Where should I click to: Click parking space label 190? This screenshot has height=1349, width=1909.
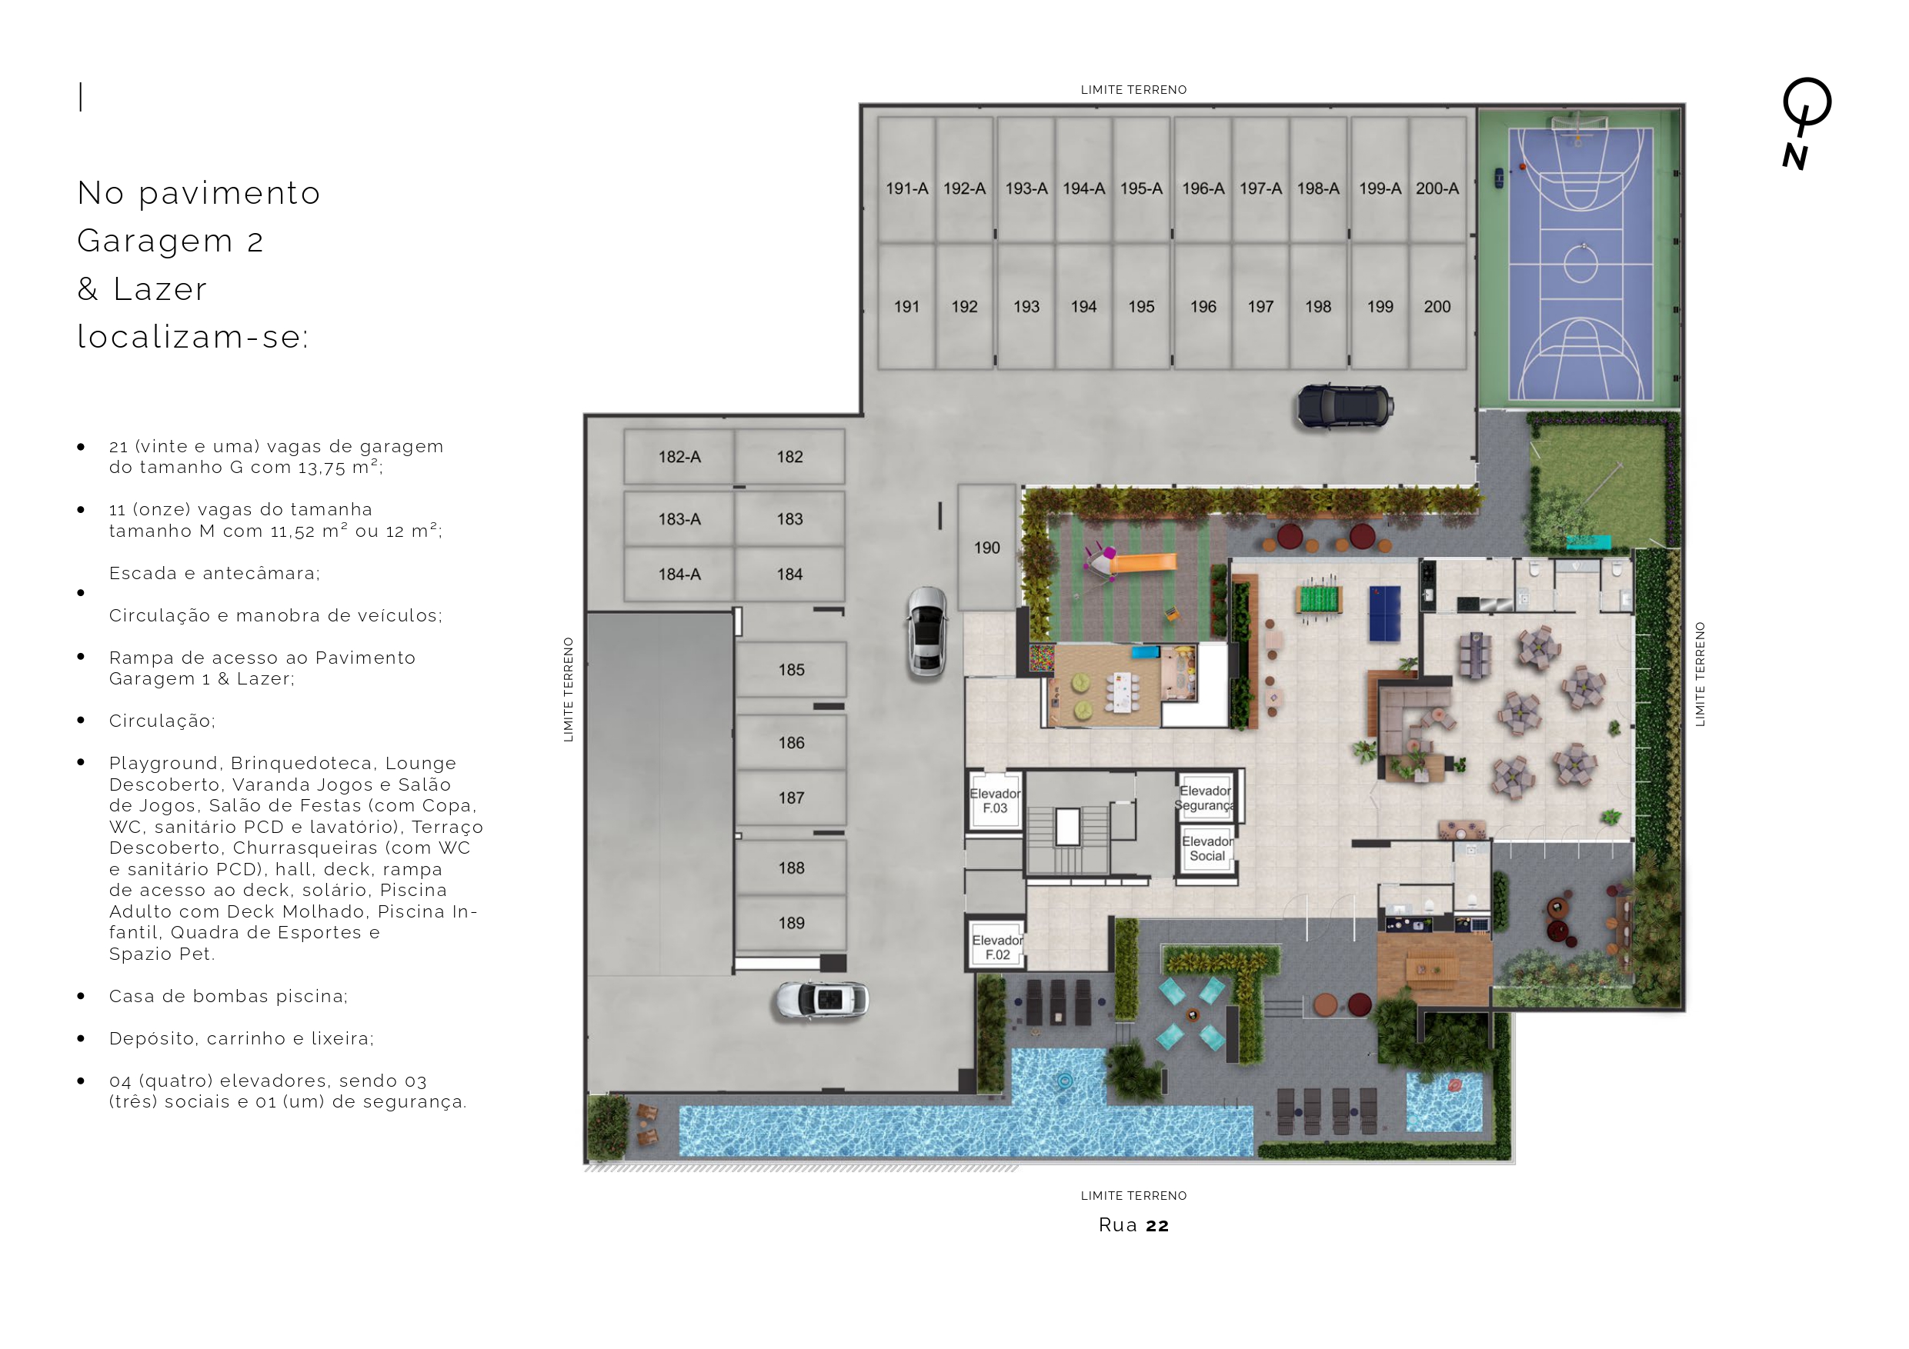point(987,548)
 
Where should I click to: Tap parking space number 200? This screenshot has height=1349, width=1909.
point(1437,307)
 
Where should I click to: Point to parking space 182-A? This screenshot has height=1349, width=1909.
point(679,456)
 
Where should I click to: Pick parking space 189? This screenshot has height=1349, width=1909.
point(792,923)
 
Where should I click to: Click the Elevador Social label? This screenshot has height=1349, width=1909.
point(1207,848)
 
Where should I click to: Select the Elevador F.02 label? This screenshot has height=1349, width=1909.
point(997,948)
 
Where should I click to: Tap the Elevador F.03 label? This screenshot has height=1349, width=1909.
point(994,801)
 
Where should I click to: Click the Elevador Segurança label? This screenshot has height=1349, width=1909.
point(1205,798)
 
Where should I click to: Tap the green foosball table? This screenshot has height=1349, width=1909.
point(1319,598)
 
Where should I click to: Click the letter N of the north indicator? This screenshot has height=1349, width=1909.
point(1795,156)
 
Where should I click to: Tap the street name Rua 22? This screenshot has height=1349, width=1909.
point(1133,1224)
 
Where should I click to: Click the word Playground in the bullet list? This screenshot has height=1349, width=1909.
point(166,764)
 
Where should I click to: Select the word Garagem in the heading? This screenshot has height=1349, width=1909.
point(156,241)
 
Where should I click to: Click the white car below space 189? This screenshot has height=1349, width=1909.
point(822,1000)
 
